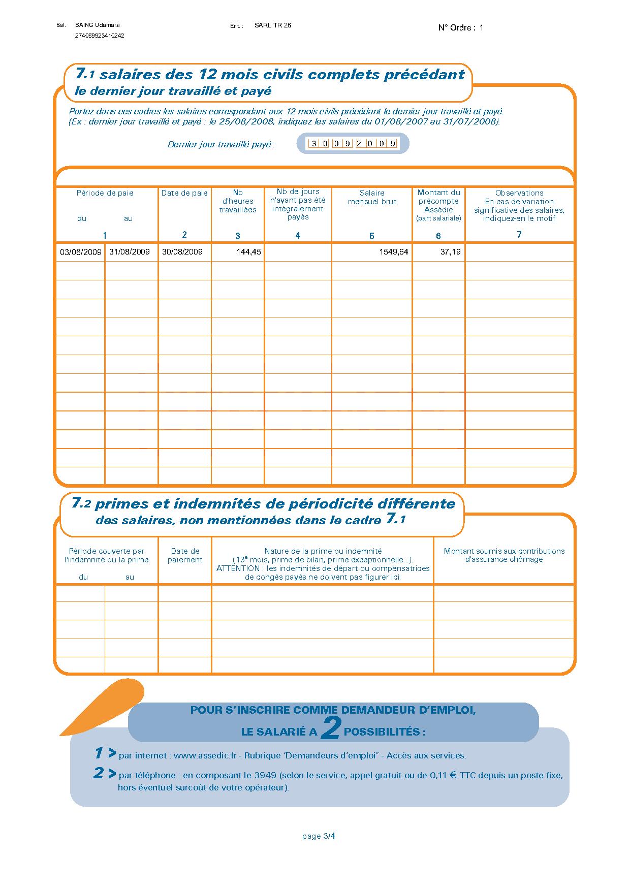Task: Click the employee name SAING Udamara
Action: [97, 25]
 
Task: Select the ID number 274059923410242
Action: [100, 36]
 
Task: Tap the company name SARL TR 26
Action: [273, 25]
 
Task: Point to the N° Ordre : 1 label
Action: [460, 28]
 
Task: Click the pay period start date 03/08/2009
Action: [80, 252]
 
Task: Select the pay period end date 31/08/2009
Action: [130, 252]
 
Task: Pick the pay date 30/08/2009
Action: [182, 252]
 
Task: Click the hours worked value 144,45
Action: [248, 252]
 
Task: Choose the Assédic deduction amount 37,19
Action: [450, 252]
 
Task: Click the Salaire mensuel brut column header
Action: [372, 197]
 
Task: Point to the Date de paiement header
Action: [185, 555]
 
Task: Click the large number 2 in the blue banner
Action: [331, 730]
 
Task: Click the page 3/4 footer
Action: [319, 836]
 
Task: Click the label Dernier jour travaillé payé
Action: [222, 144]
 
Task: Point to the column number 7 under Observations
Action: [519, 234]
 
